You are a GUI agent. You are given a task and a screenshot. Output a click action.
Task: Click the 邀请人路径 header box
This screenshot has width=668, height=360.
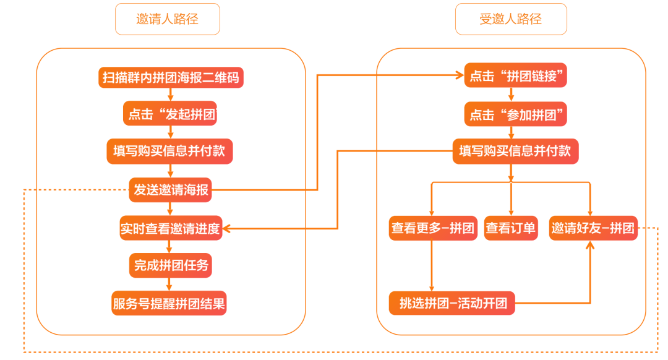(x=167, y=19)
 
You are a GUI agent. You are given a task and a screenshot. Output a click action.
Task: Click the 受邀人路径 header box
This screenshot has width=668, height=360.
(x=510, y=19)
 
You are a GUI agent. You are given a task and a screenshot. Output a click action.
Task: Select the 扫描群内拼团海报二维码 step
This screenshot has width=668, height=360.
(x=170, y=77)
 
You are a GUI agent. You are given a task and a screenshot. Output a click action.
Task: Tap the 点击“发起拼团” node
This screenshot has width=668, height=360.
(x=170, y=114)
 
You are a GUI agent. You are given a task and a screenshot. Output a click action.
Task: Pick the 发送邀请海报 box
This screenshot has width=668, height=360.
(x=170, y=190)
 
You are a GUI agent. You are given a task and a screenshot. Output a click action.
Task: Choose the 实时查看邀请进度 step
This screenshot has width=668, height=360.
(x=170, y=228)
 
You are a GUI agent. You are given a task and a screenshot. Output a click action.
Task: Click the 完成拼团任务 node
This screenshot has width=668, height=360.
(x=170, y=266)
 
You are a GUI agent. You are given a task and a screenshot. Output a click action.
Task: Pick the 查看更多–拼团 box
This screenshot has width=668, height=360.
(x=433, y=228)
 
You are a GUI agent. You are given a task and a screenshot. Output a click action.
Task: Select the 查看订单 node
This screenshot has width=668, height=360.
(x=511, y=228)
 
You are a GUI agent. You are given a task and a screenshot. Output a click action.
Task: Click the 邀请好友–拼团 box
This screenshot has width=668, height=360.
(x=593, y=228)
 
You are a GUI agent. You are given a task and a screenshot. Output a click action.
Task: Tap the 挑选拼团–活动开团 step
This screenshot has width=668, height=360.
(x=452, y=304)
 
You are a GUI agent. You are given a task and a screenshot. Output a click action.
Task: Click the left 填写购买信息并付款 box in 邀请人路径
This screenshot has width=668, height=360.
(x=170, y=152)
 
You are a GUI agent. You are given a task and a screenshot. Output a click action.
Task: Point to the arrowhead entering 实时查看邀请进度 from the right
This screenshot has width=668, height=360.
(x=226, y=229)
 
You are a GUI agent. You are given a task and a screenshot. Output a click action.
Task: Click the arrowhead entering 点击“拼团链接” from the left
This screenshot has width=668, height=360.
(x=460, y=76)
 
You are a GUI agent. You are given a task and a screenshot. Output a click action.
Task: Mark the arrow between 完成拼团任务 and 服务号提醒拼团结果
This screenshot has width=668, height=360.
(x=170, y=285)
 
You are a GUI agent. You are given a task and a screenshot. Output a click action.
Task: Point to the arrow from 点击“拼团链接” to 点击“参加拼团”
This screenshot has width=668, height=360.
(x=511, y=95)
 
